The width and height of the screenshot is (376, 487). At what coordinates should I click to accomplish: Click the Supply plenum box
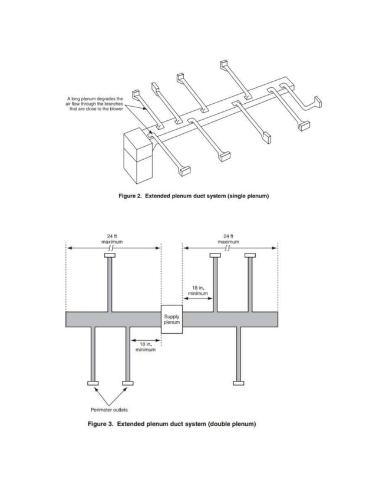(x=171, y=320)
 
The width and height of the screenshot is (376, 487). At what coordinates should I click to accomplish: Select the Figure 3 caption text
(x=171, y=423)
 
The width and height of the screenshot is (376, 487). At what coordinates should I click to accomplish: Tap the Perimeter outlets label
(x=108, y=409)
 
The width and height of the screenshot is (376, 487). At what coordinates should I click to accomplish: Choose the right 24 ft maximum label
(x=229, y=239)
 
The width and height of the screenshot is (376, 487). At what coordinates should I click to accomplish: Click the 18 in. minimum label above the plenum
(x=198, y=290)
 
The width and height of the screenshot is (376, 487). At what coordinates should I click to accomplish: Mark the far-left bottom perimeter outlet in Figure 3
(x=93, y=383)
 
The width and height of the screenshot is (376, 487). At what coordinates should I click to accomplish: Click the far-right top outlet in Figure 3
(x=250, y=256)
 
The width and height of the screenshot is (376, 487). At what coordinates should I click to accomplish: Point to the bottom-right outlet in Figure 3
(x=238, y=383)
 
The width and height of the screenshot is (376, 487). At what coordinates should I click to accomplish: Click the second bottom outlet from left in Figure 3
(x=127, y=383)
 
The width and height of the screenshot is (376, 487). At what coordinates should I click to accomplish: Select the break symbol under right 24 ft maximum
(x=229, y=248)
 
